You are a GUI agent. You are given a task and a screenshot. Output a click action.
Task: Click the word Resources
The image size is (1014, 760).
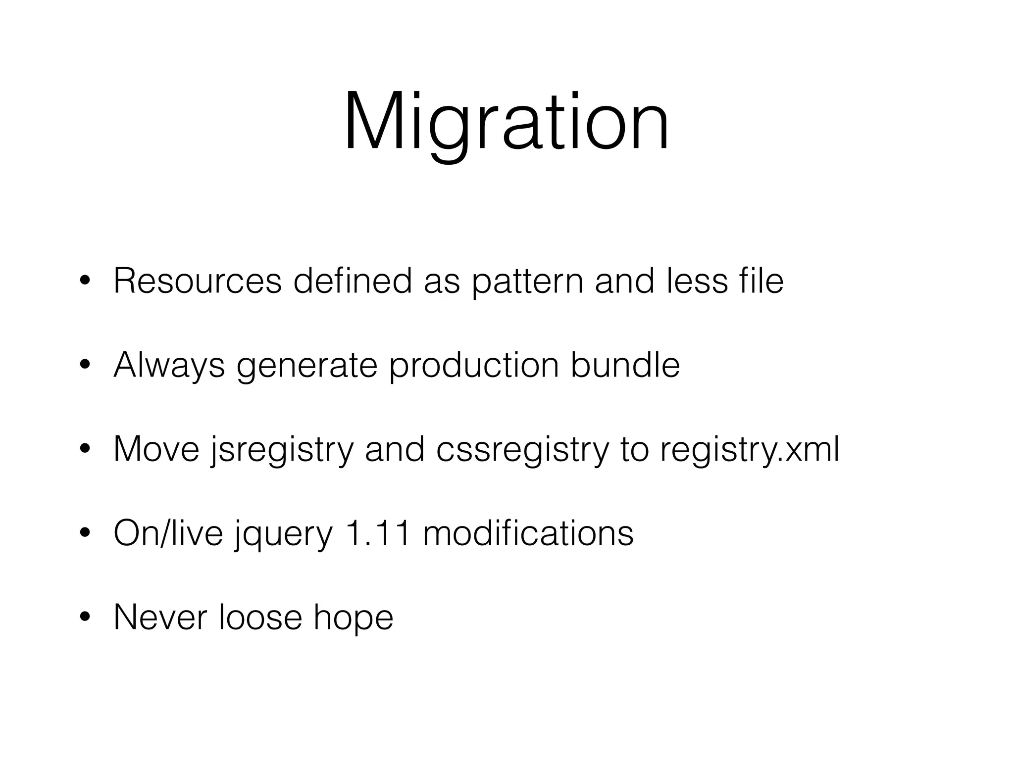198,281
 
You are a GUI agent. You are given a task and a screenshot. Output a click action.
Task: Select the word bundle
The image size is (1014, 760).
625,365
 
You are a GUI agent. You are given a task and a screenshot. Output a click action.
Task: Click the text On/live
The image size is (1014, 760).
168,533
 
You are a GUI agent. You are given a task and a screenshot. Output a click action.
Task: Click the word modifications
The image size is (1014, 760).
528,533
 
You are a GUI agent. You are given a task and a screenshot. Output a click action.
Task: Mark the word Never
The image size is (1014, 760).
160,617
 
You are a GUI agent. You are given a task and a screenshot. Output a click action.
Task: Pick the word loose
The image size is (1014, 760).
260,617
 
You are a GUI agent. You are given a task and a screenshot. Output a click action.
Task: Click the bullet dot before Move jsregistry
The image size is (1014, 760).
85,449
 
